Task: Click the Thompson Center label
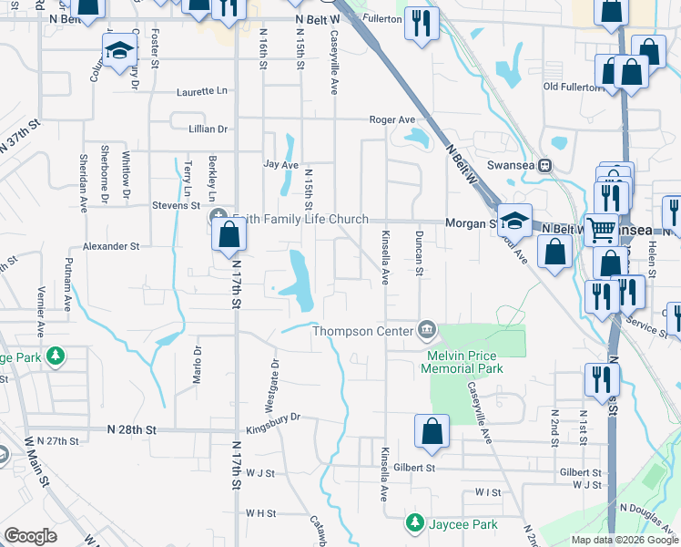pyautogui.click(x=362, y=331)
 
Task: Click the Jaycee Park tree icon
pyautogui.click(x=414, y=524)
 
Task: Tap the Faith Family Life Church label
pyautogui.click(x=300, y=219)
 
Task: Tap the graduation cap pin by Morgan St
pyautogui.click(x=514, y=220)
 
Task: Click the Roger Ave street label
pyautogui.click(x=391, y=119)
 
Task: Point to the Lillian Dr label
pyautogui.click(x=208, y=130)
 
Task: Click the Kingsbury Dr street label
pyautogui.click(x=273, y=418)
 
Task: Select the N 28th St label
pyautogui.click(x=132, y=428)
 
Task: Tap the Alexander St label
pyautogui.click(x=111, y=246)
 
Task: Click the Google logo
pyautogui.click(x=31, y=537)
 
